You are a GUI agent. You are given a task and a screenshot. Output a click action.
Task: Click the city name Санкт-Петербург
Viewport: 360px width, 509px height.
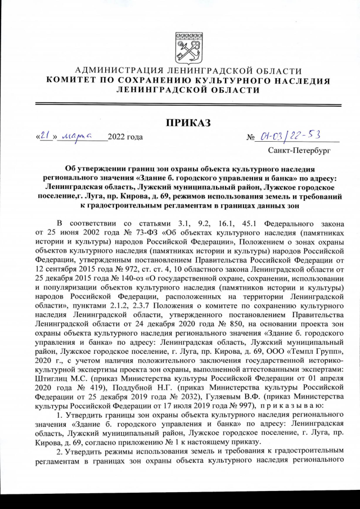pos(299,151)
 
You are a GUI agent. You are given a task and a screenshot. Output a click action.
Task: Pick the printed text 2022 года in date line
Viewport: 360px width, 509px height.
pos(125,137)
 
